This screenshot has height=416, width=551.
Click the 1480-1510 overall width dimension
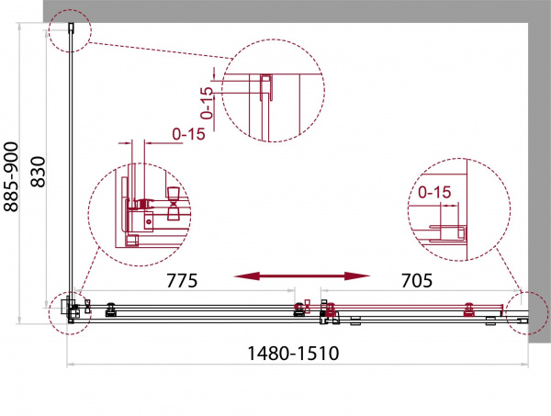293,354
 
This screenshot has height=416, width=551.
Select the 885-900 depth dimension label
11,176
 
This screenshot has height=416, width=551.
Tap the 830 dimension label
38,172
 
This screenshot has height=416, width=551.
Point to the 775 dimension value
182,280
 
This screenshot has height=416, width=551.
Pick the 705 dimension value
417,280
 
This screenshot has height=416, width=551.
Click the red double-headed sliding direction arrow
302,276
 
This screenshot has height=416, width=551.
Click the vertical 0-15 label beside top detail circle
207,103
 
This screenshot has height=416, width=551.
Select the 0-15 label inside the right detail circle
434,192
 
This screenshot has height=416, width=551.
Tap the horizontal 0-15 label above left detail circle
188,134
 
